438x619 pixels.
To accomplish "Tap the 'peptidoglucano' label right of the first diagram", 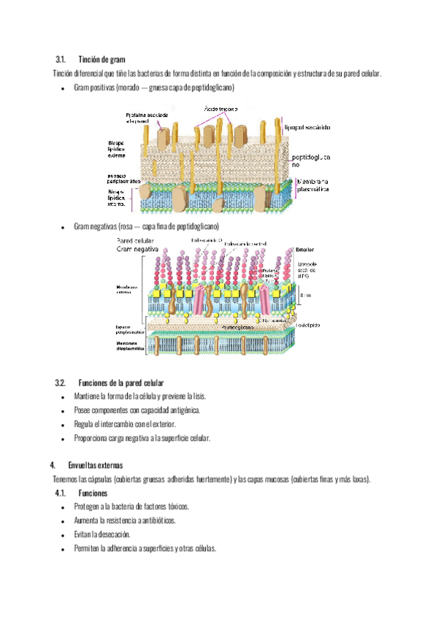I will [x=310, y=161].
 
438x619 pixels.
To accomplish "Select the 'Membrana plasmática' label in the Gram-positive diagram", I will [x=313, y=185].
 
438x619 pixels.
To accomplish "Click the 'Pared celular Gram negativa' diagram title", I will [x=142, y=245].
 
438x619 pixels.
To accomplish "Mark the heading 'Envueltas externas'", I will [x=96, y=465].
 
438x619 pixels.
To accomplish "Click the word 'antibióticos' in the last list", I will [x=156, y=521].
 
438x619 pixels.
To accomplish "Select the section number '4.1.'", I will [x=63, y=493].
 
